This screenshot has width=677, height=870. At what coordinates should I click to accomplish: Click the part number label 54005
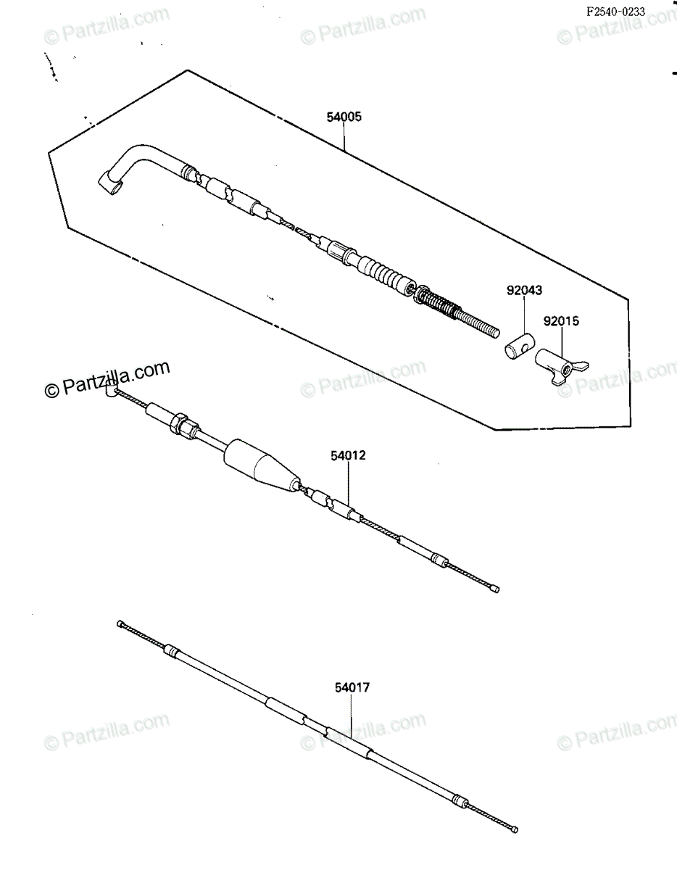pyautogui.click(x=344, y=117)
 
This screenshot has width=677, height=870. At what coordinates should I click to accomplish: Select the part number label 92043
pyautogui.click(x=524, y=290)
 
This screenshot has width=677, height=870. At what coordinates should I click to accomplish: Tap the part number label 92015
pyautogui.click(x=561, y=321)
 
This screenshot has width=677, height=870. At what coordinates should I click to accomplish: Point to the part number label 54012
pyautogui.click(x=348, y=455)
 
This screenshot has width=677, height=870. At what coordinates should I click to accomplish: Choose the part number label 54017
pyautogui.click(x=352, y=688)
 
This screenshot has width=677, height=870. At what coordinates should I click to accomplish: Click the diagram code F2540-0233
pyautogui.click(x=616, y=12)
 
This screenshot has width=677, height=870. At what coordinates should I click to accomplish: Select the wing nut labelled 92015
pyautogui.click(x=561, y=367)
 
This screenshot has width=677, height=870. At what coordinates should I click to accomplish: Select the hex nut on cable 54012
pyautogui.click(x=179, y=423)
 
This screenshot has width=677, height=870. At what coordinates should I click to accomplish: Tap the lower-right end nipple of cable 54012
pyautogui.click(x=495, y=589)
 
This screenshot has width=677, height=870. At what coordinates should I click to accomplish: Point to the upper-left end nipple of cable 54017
pyautogui.click(x=120, y=623)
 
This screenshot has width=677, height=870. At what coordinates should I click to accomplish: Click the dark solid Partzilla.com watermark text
pyautogui.click(x=107, y=378)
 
